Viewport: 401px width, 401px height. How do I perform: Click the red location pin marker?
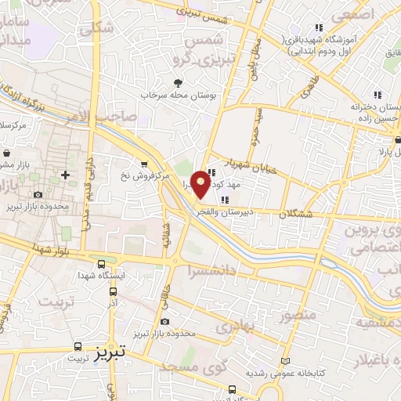click(x=201, y=182)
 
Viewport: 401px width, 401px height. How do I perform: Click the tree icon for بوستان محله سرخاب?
click(x=179, y=83)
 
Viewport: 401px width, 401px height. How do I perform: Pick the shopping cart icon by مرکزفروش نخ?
click(x=143, y=164)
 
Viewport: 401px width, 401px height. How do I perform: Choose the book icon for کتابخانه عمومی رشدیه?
click(x=284, y=361)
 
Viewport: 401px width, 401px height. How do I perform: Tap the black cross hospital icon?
click(x=65, y=174)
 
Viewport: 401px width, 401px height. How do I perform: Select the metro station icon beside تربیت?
click(x=78, y=345)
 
